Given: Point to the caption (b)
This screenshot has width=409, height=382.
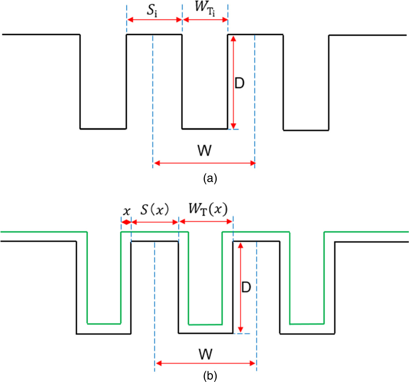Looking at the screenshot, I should click(x=209, y=375).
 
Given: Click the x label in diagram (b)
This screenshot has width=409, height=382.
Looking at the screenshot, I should click(x=126, y=211).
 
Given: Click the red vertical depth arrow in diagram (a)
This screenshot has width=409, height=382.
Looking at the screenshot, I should click(x=233, y=82).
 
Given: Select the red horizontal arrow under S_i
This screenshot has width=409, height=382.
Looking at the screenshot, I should click(x=154, y=20).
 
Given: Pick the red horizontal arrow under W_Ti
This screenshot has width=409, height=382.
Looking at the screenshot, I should click(x=205, y=20).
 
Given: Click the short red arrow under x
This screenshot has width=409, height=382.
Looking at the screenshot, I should click(x=126, y=222).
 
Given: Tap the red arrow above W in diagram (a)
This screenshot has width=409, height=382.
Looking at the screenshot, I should click(x=204, y=163).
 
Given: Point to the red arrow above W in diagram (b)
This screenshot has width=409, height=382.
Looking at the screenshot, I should click(x=206, y=363).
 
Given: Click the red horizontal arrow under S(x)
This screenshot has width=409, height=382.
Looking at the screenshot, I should click(x=155, y=222).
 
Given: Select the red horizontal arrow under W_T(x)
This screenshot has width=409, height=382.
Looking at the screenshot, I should click(x=206, y=222).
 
